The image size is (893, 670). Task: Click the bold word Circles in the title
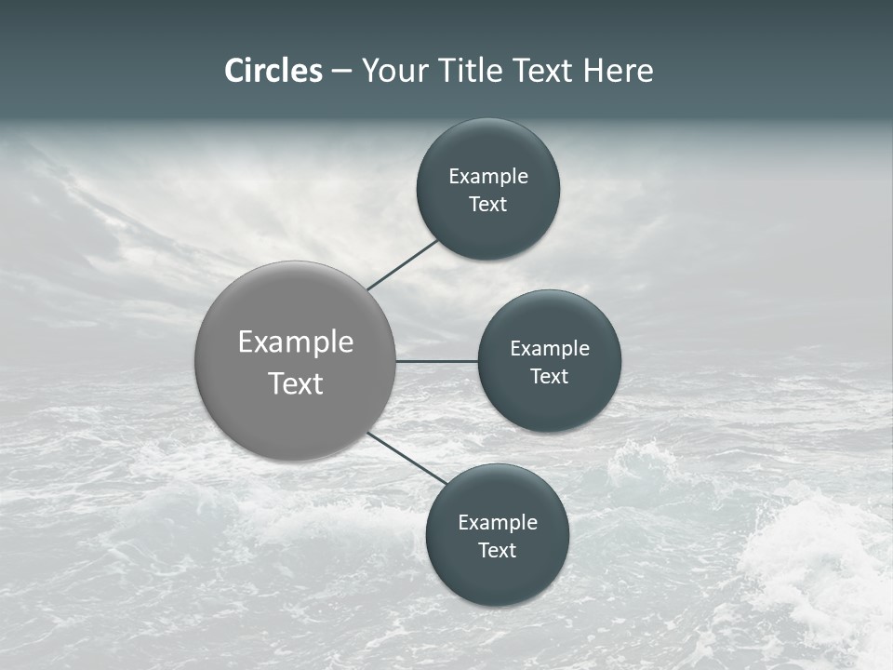pyautogui.click(x=273, y=71)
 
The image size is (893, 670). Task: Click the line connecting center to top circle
pyautogui.click(x=403, y=265)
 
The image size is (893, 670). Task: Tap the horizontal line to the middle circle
pyautogui.click(x=436, y=361)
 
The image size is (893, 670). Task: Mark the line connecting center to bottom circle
pyautogui.click(x=407, y=459)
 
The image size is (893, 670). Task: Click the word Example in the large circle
pyautogui.click(x=296, y=342)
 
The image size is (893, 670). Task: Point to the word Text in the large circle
pyautogui.click(x=296, y=383)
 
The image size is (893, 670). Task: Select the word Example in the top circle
pyautogui.click(x=488, y=177)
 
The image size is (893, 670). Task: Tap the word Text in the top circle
pyautogui.click(x=488, y=205)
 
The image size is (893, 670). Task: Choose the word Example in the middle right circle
pyautogui.click(x=550, y=349)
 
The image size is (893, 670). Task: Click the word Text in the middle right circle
pyautogui.click(x=550, y=377)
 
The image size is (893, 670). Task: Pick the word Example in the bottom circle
pyautogui.click(x=498, y=523)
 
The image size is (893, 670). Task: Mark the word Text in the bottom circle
pyautogui.click(x=498, y=551)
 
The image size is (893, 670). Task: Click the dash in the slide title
pyautogui.click(x=341, y=72)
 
